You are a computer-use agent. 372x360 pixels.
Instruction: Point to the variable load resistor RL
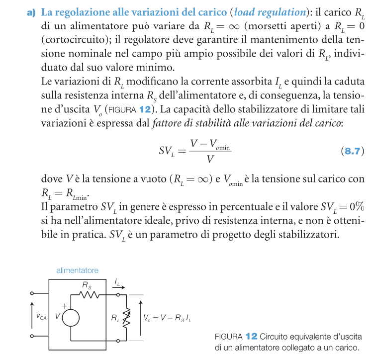tap(126, 317)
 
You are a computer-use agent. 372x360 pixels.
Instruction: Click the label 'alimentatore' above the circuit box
tap(77, 270)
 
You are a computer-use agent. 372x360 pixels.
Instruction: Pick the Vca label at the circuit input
tap(41, 316)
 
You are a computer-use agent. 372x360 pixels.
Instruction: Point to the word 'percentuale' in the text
tap(236, 206)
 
